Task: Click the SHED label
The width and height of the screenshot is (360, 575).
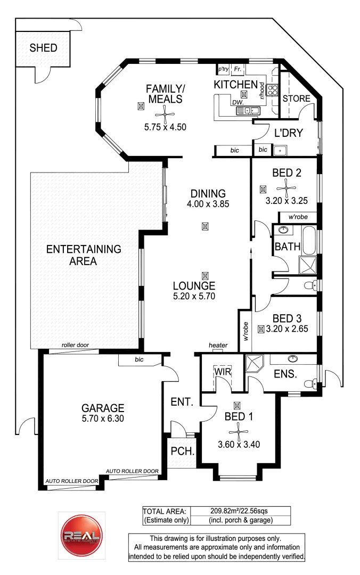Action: point(43,48)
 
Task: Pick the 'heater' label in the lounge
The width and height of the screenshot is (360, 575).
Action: point(218,346)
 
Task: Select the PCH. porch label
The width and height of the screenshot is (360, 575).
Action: point(181,451)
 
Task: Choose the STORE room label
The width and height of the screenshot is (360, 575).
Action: point(296,98)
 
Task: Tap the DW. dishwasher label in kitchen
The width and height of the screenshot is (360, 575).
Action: point(237,103)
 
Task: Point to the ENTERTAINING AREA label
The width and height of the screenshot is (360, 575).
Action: point(84,255)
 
